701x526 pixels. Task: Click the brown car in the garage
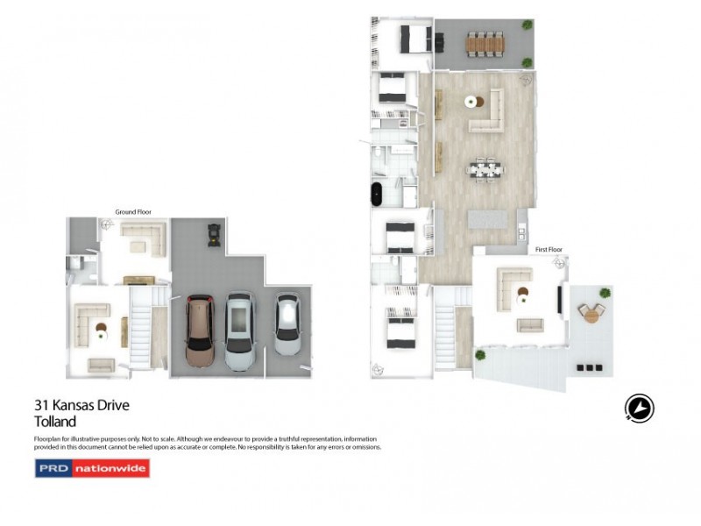click(x=201, y=332)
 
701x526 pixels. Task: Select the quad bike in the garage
click(x=211, y=232)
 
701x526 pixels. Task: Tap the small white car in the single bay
click(x=287, y=323)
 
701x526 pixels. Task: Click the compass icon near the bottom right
click(x=640, y=408)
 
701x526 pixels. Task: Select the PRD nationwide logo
click(x=92, y=468)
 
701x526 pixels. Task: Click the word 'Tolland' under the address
click(x=55, y=422)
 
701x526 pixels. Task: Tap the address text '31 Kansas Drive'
click(x=81, y=406)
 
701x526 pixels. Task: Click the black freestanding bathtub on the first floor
click(x=379, y=194)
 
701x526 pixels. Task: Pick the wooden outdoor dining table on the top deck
click(x=485, y=42)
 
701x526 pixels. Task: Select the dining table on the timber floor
click(x=485, y=167)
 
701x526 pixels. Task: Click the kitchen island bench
click(x=489, y=219)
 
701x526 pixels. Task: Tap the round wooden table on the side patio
click(x=593, y=312)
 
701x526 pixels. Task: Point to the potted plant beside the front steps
click(x=480, y=355)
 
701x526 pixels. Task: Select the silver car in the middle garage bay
click(x=239, y=331)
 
